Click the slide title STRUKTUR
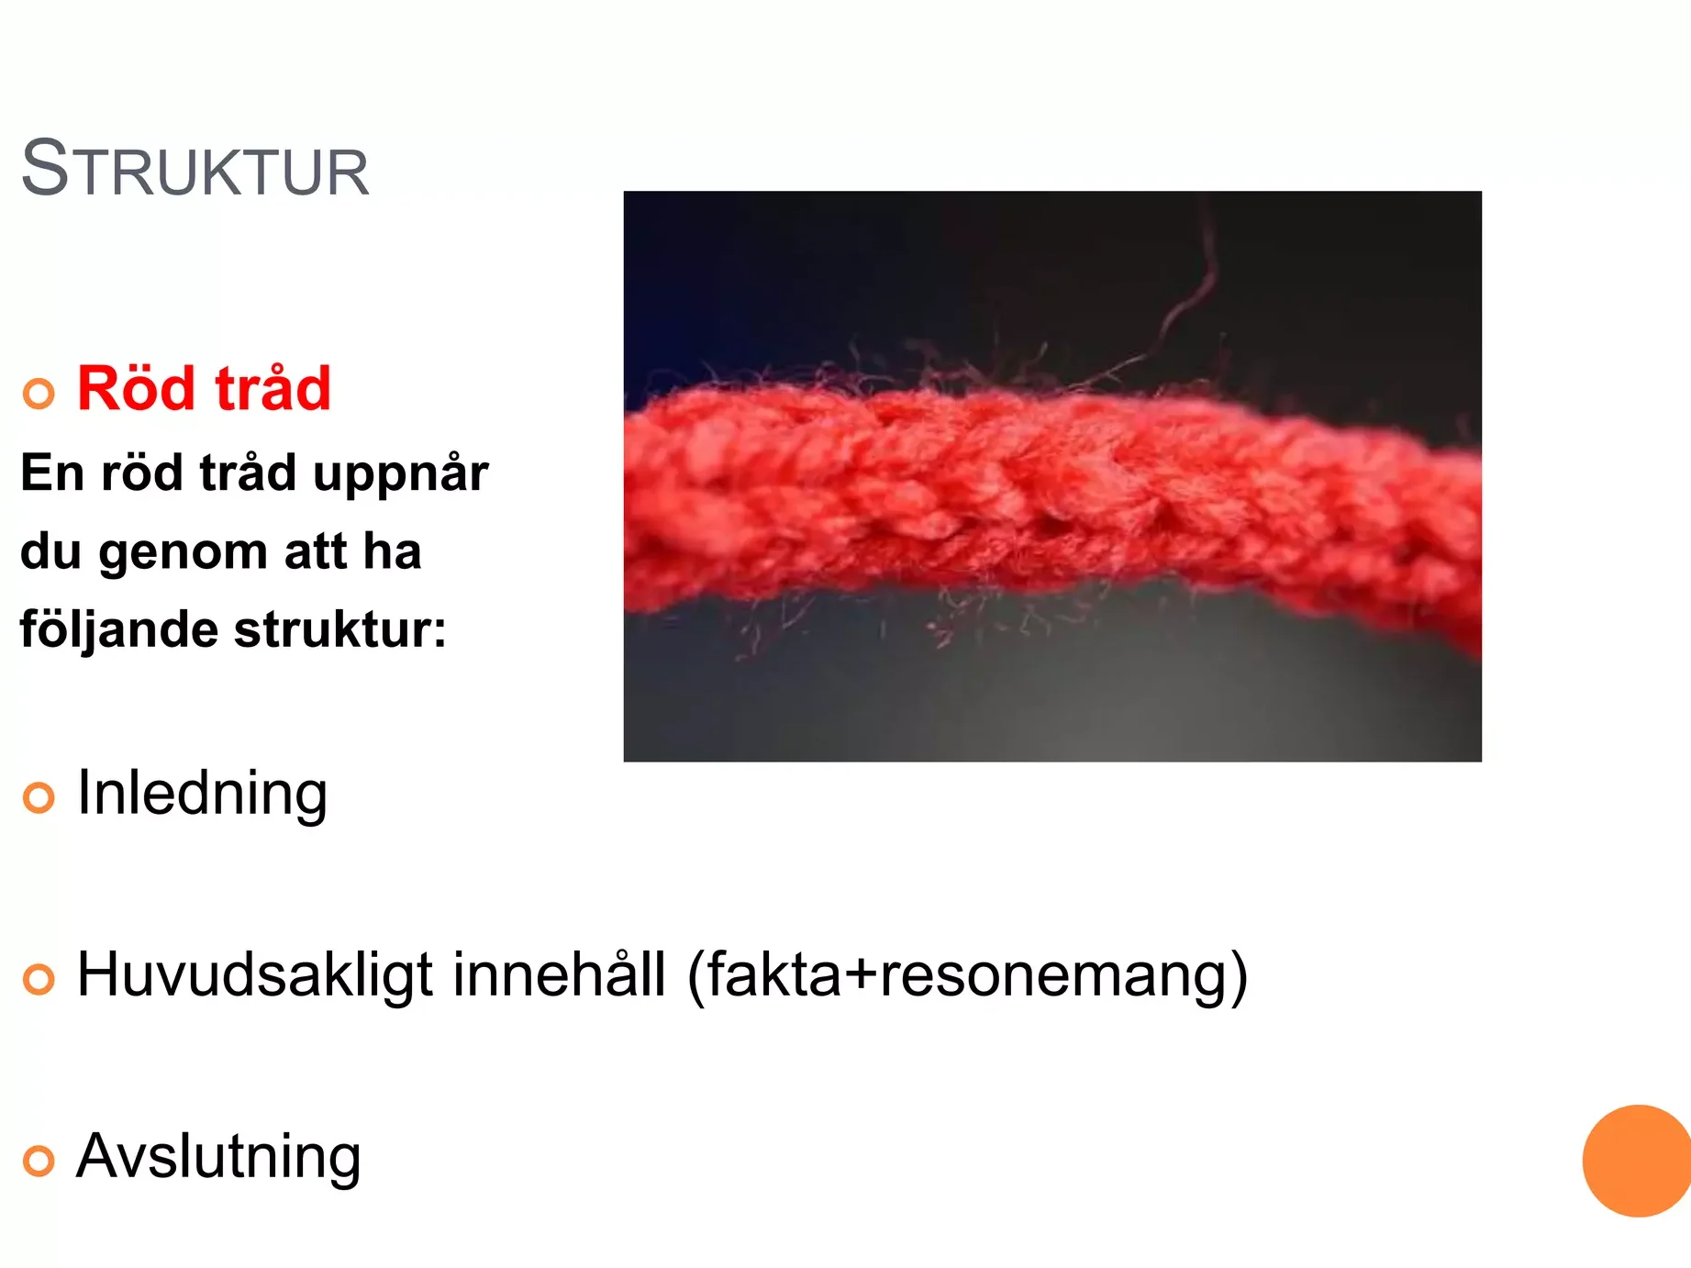pos(195,169)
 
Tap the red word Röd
pos(136,387)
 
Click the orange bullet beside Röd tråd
pos(39,394)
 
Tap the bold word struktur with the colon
pos(340,629)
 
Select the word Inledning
pos(202,794)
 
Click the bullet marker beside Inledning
pos(39,797)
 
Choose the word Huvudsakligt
pos(254,976)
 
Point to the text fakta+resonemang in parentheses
pos(968,976)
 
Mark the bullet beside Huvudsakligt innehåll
pos(39,979)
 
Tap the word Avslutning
pos(218,1158)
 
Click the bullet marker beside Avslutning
pos(39,1161)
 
